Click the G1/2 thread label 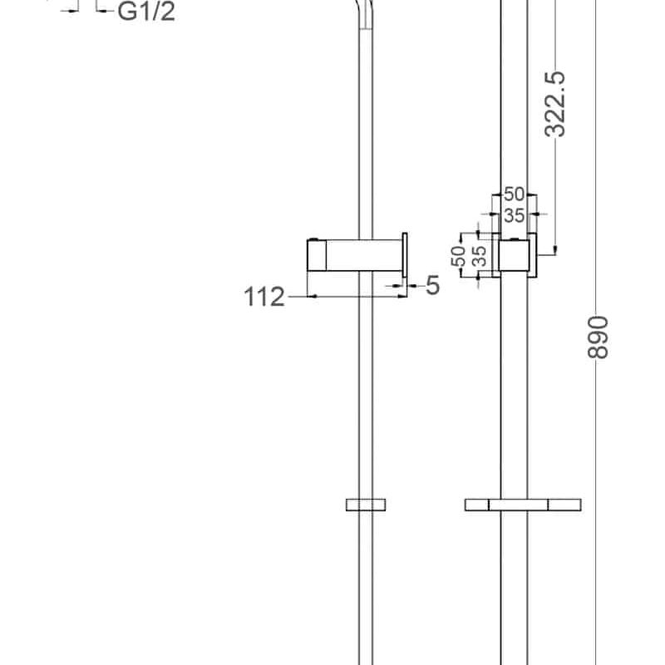(145, 12)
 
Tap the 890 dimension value (598, 337)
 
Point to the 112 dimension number (264, 296)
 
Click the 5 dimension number (432, 286)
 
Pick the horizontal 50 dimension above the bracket (515, 195)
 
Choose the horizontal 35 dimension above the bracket (515, 215)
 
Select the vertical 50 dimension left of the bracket (458, 256)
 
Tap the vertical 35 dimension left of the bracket (478, 256)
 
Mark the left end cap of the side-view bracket (314, 254)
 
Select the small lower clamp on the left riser (365, 504)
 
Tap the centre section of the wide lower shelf (518, 504)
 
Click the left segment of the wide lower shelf (477, 504)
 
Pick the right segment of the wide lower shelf (564, 504)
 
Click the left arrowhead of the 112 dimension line (313, 295)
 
